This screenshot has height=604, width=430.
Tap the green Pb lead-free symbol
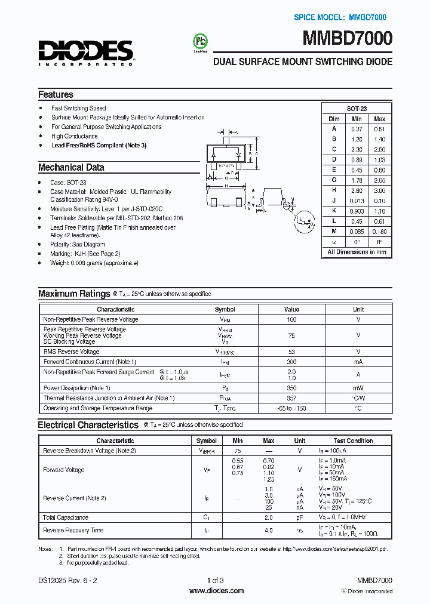198,41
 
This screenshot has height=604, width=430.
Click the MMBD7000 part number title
348,39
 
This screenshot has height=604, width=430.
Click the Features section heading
56,94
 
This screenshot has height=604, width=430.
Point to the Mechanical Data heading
71,168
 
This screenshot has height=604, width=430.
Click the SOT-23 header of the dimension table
357,109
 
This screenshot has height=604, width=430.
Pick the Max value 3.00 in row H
379,190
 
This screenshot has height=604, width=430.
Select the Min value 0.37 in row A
357,129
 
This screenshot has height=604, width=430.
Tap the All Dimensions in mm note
357,252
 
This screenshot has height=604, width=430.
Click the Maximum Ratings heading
73,294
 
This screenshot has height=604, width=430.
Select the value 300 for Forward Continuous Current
291,362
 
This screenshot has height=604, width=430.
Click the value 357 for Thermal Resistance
291,398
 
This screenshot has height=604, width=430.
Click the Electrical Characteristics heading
88,425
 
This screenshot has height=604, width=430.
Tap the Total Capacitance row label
66,517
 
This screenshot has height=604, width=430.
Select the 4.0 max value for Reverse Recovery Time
269,530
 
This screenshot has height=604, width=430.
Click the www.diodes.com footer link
216,591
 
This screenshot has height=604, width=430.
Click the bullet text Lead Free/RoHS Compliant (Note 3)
99,146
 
